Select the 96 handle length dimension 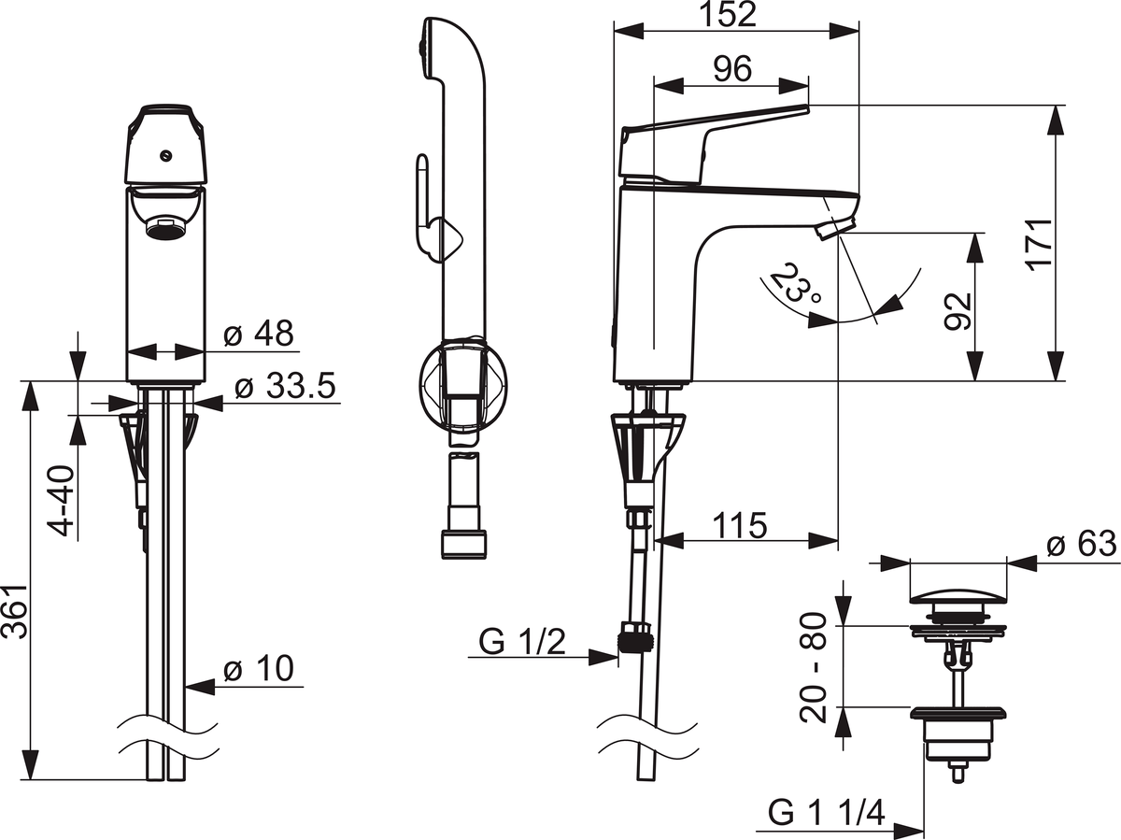[x=732, y=69]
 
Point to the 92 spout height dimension [x=958, y=311]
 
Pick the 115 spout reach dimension [x=740, y=525]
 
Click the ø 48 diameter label [x=259, y=334]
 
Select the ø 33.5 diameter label [x=286, y=386]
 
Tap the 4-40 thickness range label [x=64, y=501]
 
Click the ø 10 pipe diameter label [x=259, y=668]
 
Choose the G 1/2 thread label [x=522, y=642]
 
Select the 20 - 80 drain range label [x=813, y=668]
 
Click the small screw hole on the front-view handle [x=165, y=156]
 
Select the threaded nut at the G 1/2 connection [x=635, y=636]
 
